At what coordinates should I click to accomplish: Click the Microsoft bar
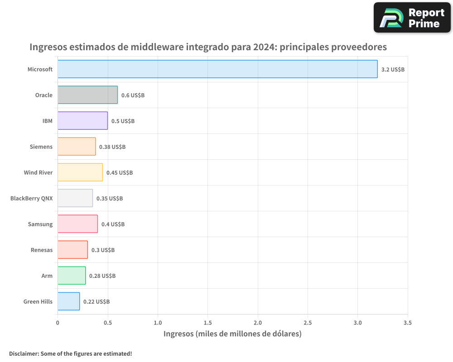pos(217,69)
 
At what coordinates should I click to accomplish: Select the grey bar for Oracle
pos(87,95)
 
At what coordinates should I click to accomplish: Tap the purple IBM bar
pos(82,121)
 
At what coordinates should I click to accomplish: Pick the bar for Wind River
pos(80,172)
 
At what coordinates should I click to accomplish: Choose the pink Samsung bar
pos(77,224)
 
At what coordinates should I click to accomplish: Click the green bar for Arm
pos(72,276)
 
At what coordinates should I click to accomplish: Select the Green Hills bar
pos(68,301)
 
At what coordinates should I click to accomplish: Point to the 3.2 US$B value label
pos(393,70)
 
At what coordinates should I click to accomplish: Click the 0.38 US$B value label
pos(112,147)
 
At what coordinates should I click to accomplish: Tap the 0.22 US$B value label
pos(96,302)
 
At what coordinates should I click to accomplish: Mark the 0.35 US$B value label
pos(110,199)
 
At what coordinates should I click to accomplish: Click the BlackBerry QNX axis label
pos(31,198)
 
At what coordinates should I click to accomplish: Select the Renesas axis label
pos(42,250)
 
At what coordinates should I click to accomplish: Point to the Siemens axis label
pos(41,147)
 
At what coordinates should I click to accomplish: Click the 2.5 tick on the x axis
pos(308,323)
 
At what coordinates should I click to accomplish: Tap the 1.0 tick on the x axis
pos(158,323)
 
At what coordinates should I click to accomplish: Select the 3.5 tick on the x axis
pos(407,323)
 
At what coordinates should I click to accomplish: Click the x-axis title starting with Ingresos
pos(232,334)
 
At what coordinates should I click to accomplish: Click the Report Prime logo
pos(412,18)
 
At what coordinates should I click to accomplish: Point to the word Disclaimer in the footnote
pos(24,353)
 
